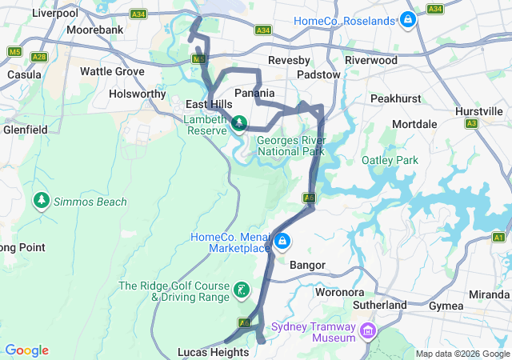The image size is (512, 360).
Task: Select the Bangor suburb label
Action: (x=307, y=263)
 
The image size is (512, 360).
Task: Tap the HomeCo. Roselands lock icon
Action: (x=408, y=19)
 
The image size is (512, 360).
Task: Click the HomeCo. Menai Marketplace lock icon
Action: (x=282, y=241)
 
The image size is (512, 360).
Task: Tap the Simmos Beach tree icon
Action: (x=41, y=200)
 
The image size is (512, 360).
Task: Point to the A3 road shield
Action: (x=472, y=123)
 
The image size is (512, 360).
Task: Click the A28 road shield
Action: (x=39, y=57)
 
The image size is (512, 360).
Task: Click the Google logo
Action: (x=26, y=350)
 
